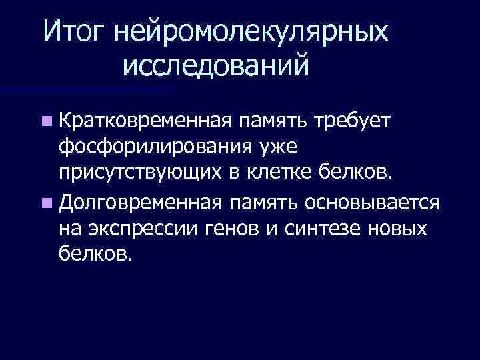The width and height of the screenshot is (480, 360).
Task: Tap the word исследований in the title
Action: [x=216, y=67]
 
